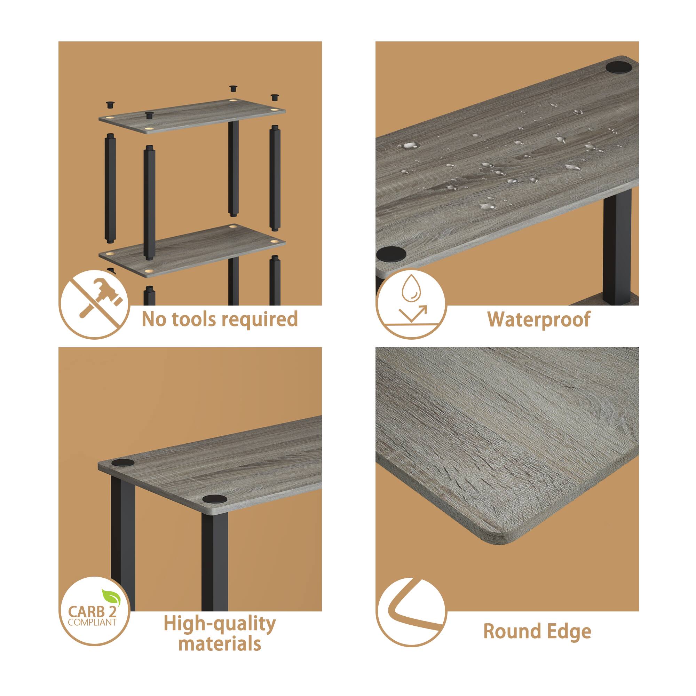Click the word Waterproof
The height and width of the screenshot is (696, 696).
coord(539,319)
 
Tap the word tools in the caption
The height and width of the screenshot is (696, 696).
coord(187,319)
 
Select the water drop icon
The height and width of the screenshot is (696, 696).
coord(411,288)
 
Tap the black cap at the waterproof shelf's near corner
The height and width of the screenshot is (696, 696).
coord(391,254)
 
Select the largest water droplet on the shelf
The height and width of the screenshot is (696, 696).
coord(409,145)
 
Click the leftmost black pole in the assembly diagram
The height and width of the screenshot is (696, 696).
coord(110,187)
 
